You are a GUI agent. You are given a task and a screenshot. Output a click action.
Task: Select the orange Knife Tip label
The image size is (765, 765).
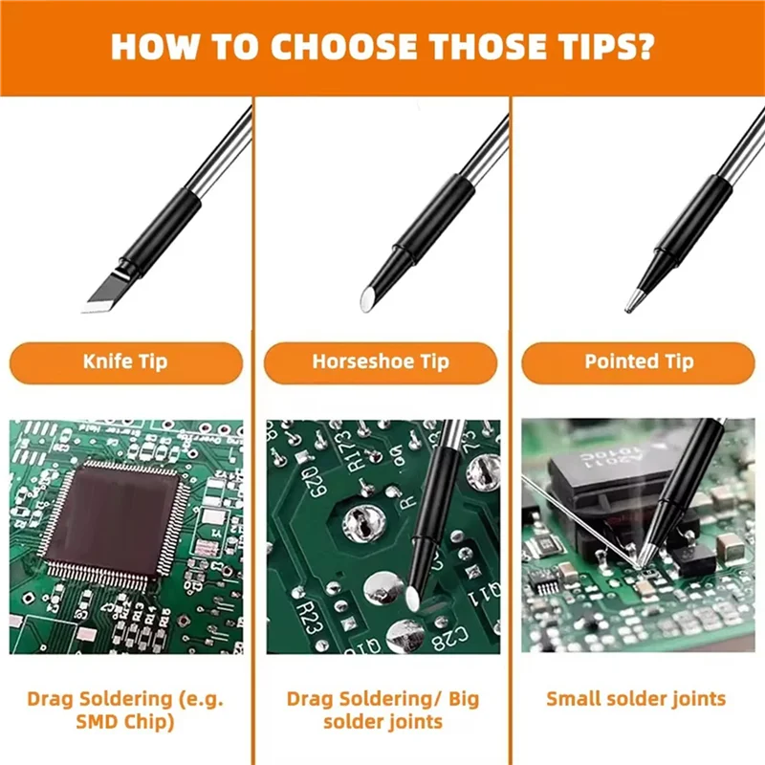126,362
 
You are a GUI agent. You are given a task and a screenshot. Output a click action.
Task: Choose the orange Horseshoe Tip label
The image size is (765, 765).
381,362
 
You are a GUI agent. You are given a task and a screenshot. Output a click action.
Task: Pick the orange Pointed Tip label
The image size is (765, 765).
639,362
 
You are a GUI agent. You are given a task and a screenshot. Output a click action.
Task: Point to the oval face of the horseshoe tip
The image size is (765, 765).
366,299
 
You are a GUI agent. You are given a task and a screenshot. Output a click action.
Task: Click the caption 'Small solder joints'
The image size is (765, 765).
635,698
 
